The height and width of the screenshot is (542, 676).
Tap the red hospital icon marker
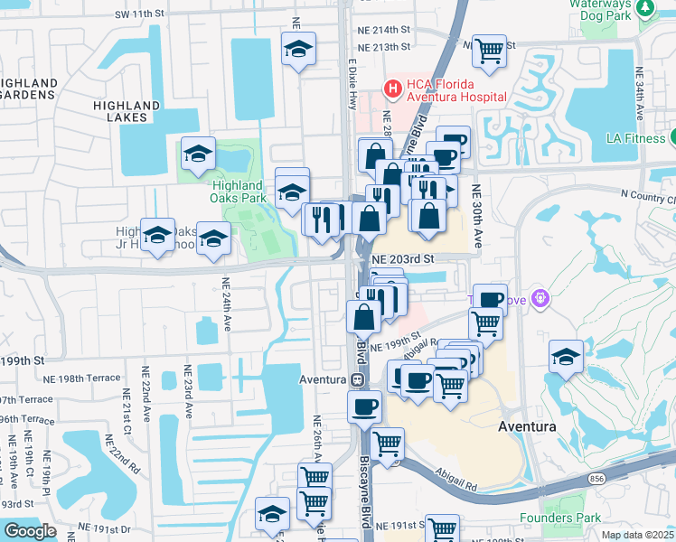point(393,89)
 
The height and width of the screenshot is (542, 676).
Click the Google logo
point(30,530)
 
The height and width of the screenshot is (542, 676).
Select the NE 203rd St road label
point(403,257)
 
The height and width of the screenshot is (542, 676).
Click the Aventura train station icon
point(358,380)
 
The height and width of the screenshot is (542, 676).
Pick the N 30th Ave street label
point(476,216)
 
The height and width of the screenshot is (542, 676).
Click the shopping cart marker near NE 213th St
point(489,51)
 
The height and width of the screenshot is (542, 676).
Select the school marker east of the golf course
point(566,357)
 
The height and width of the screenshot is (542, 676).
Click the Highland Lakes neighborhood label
point(126,106)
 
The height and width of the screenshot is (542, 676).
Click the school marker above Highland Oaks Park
point(198,154)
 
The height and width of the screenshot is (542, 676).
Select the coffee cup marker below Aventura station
point(364,406)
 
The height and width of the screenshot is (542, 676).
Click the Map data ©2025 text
point(637,535)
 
